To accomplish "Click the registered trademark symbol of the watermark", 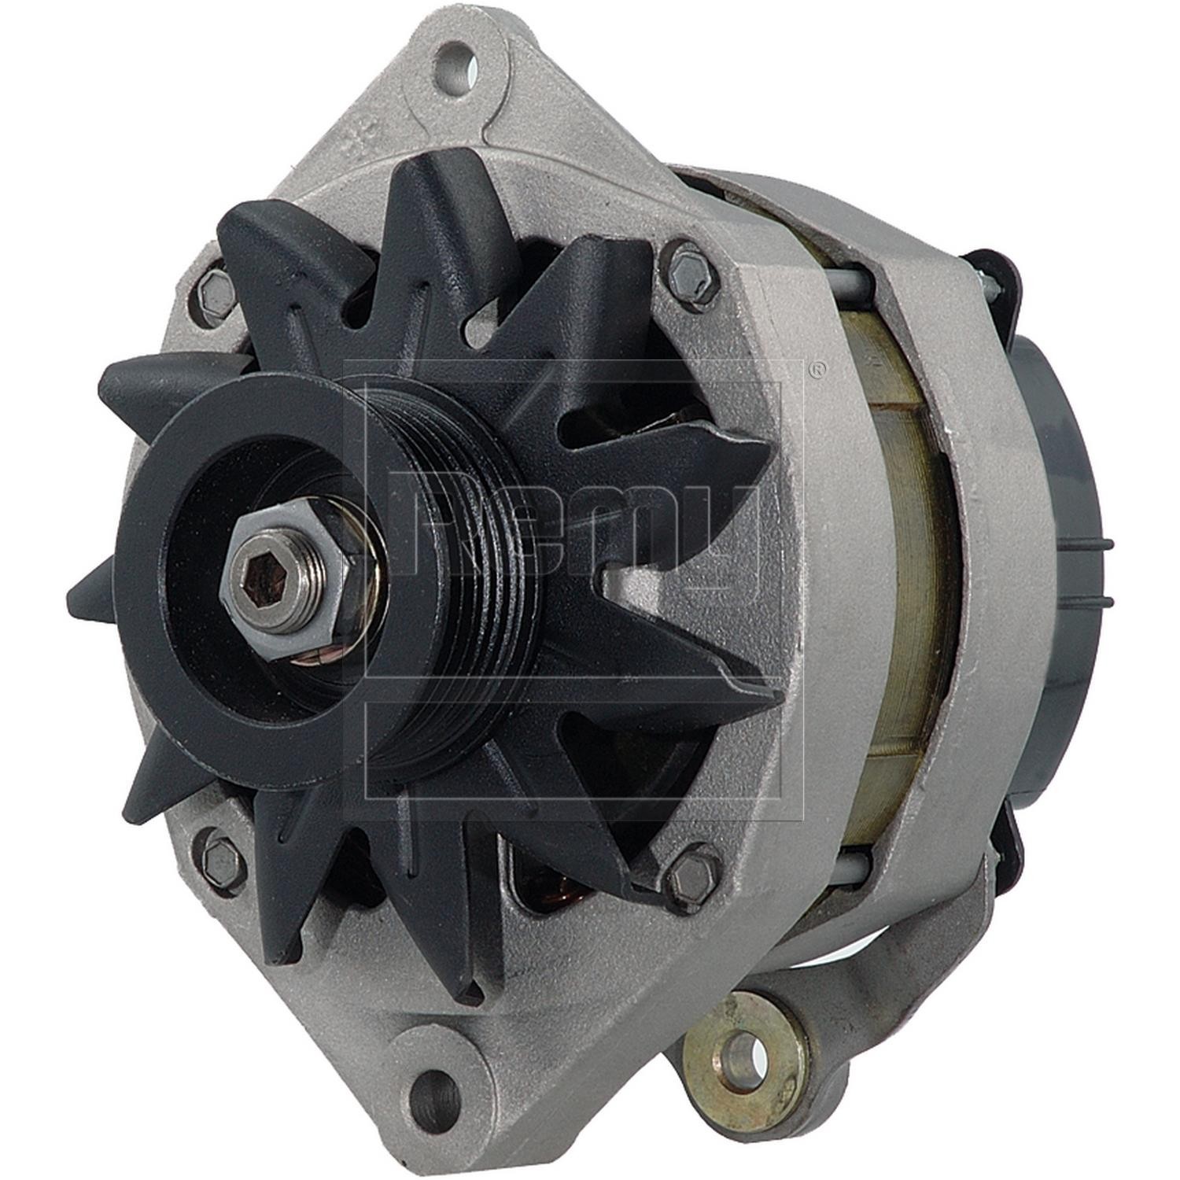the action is pos(818,368).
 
